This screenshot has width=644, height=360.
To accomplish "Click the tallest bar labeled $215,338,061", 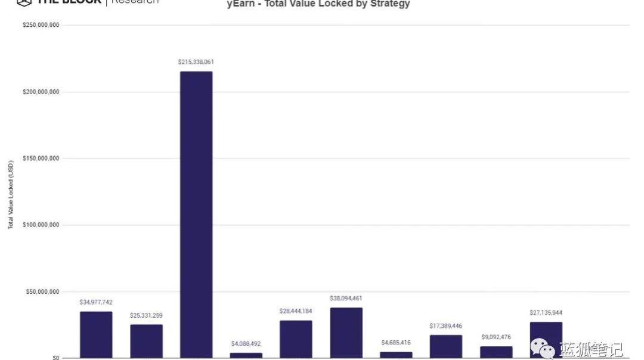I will coord(196,215).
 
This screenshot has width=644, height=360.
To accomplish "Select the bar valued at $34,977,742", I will coord(96,334).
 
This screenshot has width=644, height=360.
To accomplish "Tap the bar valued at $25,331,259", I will coord(146,341).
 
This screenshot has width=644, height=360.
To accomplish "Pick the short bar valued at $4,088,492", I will coord(246,355).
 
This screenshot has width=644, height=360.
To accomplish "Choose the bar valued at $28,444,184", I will coord(296,339).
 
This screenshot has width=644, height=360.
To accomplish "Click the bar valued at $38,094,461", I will coord(346,333).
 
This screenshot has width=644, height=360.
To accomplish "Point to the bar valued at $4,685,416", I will coord(396,355).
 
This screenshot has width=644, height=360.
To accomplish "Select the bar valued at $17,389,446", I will coord(446,346).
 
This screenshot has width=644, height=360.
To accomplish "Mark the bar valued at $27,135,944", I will coord(546,340).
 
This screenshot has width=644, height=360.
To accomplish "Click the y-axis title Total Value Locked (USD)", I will coord(11,194).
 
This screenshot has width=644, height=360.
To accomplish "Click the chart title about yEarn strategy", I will coord(318,4).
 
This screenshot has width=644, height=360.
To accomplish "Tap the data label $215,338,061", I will coord(196,62).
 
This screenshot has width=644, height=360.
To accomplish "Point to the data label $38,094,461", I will coord(346,298).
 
